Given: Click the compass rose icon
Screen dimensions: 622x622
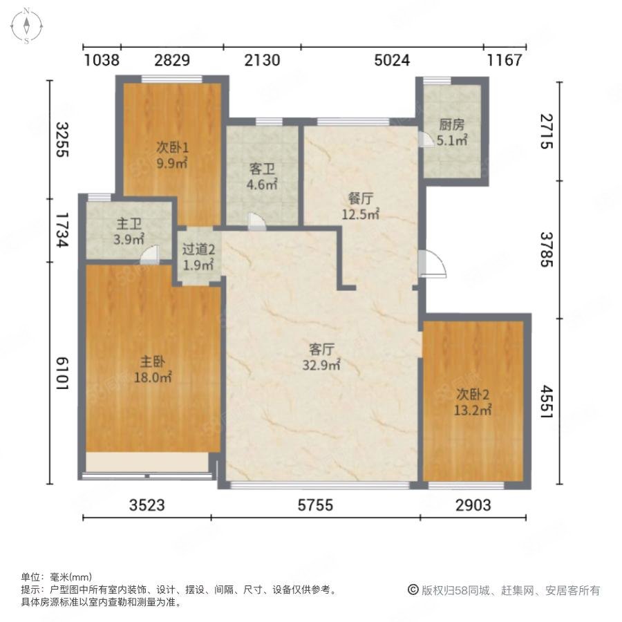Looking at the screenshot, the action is (x=26, y=26).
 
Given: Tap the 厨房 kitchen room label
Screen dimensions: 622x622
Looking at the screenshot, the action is (x=451, y=124).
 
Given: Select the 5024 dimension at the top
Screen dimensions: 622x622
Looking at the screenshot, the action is (x=392, y=60).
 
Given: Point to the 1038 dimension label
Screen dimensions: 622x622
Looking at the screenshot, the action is (x=102, y=60).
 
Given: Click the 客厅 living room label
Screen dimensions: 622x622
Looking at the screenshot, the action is (x=321, y=350).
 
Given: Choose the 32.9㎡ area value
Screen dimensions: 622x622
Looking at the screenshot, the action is (x=321, y=365).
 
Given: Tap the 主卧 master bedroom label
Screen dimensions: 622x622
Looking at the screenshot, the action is (x=153, y=361).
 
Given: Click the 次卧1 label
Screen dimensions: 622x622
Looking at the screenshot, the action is (x=172, y=148).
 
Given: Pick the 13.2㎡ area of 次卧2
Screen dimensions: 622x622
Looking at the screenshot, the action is (x=473, y=410).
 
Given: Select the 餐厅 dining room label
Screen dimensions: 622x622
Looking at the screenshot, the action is (x=361, y=198).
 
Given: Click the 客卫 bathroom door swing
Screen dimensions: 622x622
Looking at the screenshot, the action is (x=256, y=221).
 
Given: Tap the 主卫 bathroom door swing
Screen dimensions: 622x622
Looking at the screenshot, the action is (x=151, y=254).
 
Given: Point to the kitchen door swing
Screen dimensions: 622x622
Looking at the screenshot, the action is (x=426, y=139).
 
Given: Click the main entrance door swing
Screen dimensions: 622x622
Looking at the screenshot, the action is (x=433, y=263).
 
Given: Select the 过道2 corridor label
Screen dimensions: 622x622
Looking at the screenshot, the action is (x=198, y=249).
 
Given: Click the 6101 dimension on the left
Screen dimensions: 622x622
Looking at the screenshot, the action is (x=62, y=373).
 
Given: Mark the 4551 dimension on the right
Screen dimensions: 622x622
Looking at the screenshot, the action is (x=547, y=401).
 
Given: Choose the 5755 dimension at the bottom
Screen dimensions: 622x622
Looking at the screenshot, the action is (x=315, y=505).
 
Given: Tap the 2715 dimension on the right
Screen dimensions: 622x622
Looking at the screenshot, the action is (x=547, y=131).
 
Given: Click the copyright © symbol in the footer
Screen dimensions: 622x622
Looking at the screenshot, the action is (x=413, y=590).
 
